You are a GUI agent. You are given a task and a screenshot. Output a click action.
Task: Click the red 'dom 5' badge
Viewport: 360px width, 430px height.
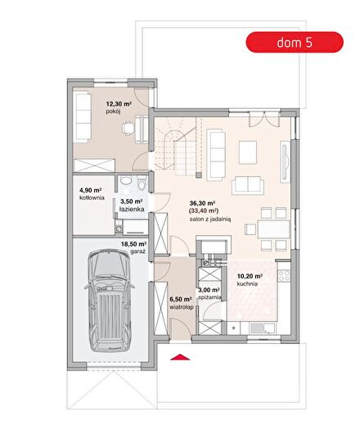(x=295, y=43)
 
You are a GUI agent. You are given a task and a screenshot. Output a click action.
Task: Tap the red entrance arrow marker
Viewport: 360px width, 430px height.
(x=180, y=357)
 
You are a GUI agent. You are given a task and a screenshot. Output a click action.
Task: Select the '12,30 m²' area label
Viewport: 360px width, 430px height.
(x=119, y=104)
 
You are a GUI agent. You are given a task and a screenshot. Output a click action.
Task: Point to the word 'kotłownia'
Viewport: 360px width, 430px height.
(x=92, y=197)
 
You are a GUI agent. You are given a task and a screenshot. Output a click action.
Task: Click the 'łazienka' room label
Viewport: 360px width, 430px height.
(x=132, y=209)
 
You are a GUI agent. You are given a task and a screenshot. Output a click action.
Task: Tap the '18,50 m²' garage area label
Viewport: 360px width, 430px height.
(x=133, y=244)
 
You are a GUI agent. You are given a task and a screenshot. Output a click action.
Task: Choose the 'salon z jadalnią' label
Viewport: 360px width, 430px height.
(x=210, y=220)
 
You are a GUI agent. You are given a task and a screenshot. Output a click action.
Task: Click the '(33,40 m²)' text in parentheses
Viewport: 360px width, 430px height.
(x=203, y=210)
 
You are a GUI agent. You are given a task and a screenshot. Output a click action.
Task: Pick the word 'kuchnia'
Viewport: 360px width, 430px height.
(x=247, y=284)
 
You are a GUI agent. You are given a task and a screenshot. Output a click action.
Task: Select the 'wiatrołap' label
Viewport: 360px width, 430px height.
(x=182, y=307)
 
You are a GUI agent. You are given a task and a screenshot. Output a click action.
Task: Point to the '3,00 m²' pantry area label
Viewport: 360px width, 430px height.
(x=209, y=290)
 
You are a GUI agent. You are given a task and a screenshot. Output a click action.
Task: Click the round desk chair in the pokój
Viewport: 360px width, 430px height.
(x=128, y=128)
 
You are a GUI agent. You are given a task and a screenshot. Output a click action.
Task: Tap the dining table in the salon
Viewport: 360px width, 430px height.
(x=273, y=229)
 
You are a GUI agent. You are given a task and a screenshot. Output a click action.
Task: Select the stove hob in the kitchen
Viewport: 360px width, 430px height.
(x=284, y=275)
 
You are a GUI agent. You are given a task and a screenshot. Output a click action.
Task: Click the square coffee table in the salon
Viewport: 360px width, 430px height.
(x=248, y=152)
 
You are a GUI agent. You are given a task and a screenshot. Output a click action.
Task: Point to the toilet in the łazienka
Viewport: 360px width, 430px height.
(x=142, y=183)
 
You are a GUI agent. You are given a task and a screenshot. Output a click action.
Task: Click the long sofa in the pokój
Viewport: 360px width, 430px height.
(x=83, y=117)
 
